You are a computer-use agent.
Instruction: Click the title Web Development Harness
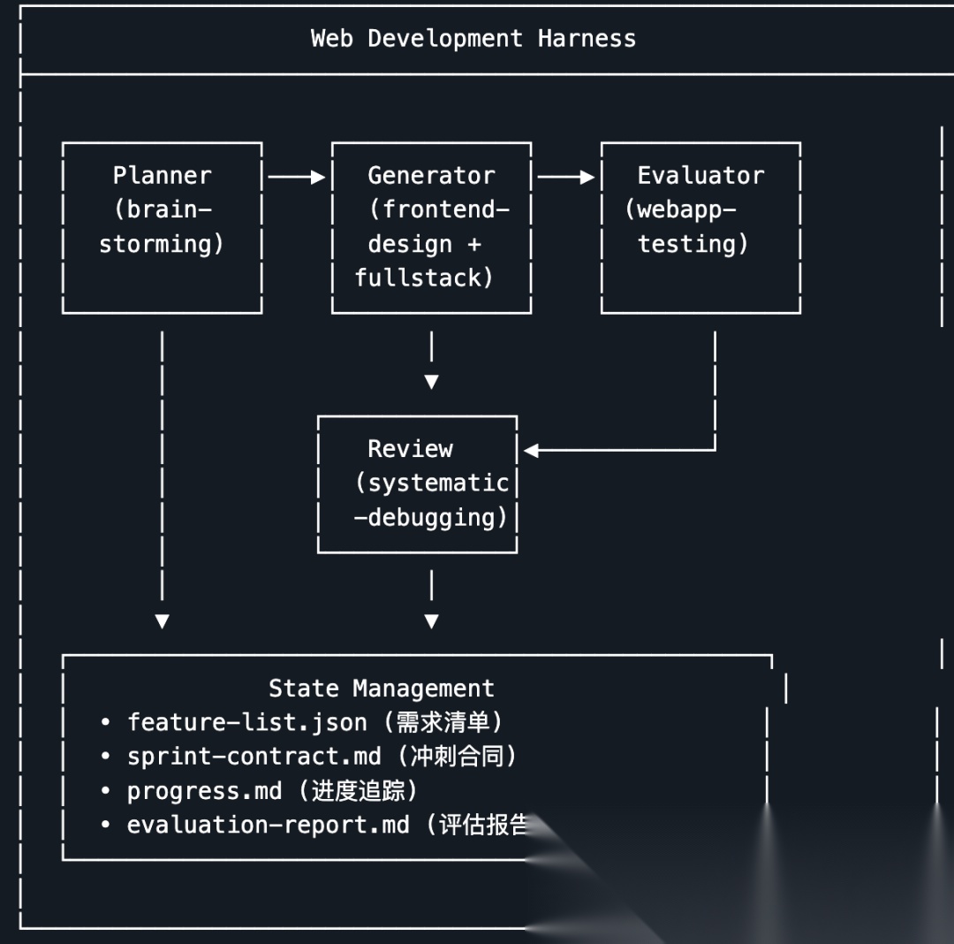(473, 39)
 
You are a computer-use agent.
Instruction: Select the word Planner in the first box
(162, 175)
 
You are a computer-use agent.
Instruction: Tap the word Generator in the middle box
(431, 175)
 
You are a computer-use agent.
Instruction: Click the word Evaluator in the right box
(700, 175)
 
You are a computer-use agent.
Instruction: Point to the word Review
(410, 449)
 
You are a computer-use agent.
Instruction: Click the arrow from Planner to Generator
(297, 178)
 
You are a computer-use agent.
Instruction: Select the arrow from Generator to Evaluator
(566, 178)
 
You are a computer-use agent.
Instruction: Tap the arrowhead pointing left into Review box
(531, 451)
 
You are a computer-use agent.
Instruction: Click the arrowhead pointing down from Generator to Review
(431, 382)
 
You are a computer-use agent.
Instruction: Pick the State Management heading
(381, 688)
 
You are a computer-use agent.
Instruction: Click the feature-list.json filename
(246, 722)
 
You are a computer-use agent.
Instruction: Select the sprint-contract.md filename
(254, 756)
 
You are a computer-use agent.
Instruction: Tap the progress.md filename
(204, 790)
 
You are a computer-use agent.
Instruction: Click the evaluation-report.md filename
(268, 825)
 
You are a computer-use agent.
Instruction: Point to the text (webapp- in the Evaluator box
(680, 209)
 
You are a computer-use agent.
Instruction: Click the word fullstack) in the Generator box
(424, 278)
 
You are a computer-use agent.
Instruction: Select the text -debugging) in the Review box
(431, 517)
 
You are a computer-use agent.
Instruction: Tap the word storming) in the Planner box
(162, 244)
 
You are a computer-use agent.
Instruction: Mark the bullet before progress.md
(105, 791)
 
